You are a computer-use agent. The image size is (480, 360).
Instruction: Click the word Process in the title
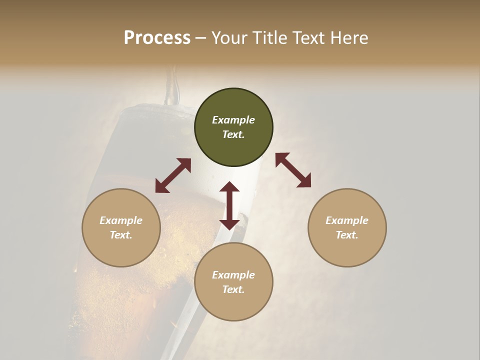(x=157, y=38)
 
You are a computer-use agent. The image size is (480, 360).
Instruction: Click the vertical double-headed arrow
(x=229, y=205)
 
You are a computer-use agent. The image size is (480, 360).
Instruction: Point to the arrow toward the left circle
(x=173, y=175)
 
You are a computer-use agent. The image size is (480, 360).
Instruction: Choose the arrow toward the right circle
(x=293, y=170)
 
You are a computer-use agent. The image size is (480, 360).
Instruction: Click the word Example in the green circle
(x=233, y=120)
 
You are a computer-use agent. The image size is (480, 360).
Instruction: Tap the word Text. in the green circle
(x=233, y=134)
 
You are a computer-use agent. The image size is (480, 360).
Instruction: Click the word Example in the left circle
(x=121, y=220)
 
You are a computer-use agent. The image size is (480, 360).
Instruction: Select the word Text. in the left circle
(x=121, y=235)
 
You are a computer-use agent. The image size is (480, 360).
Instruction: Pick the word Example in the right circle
(x=347, y=220)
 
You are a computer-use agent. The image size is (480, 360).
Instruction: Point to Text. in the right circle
(x=347, y=235)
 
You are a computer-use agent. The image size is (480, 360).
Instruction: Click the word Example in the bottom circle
(x=233, y=275)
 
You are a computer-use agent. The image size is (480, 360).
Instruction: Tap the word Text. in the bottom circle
(x=233, y=289)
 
